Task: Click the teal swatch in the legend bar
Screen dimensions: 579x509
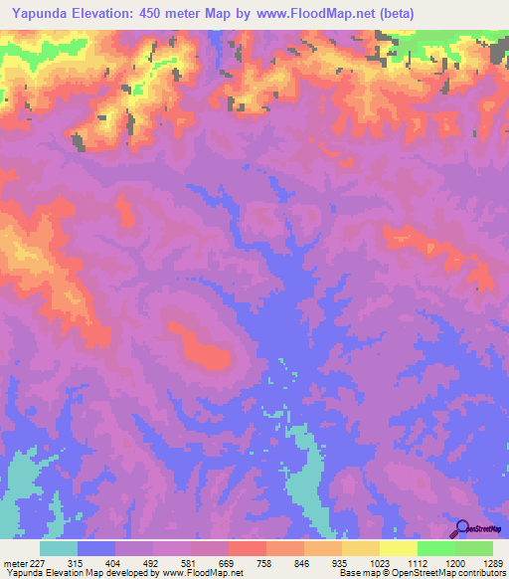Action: (x=59, y=548)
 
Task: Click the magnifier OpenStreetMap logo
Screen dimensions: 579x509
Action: (x=462, y=528)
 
